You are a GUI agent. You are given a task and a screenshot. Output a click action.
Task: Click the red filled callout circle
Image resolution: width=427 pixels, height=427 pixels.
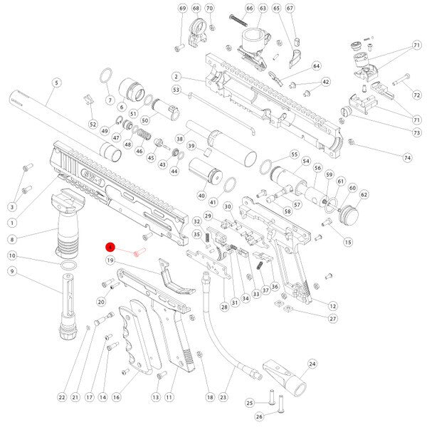[110, 247]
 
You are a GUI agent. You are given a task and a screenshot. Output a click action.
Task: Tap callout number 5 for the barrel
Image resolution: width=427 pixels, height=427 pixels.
[56, 83]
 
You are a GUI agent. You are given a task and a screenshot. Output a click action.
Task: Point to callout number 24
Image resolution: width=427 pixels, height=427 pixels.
[311, 363]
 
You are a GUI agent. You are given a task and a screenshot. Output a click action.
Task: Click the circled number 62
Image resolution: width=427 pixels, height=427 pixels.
[364, 194]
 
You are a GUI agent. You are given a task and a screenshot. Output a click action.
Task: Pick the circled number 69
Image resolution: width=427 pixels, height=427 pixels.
[182, 8]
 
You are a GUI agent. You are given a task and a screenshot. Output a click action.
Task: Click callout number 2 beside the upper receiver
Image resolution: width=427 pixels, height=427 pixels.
[175, 76]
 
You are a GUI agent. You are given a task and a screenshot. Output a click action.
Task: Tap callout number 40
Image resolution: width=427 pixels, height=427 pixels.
[201, 196]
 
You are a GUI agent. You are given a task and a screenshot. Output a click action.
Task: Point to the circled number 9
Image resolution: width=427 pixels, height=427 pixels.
[12, 271]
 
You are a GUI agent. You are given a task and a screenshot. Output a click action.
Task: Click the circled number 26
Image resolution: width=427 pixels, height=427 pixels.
[259, 416]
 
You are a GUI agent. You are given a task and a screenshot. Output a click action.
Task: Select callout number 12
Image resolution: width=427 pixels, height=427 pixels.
[332, 305]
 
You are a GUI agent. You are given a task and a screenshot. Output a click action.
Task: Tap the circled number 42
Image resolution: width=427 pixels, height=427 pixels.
[326, 82]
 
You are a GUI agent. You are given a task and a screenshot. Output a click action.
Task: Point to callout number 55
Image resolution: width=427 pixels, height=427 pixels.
[293, 154]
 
